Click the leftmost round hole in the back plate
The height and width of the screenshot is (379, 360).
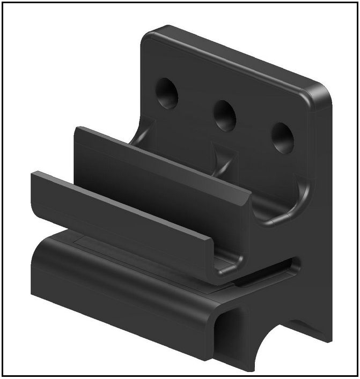click(x=167, y=93)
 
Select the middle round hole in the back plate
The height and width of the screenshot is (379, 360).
click(x=225, y=115)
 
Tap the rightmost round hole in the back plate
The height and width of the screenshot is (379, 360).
click(x=282, y=138)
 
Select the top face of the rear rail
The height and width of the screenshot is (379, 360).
click(x=161, y=161)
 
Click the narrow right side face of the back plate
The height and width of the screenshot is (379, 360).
click(x=324, y=214)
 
